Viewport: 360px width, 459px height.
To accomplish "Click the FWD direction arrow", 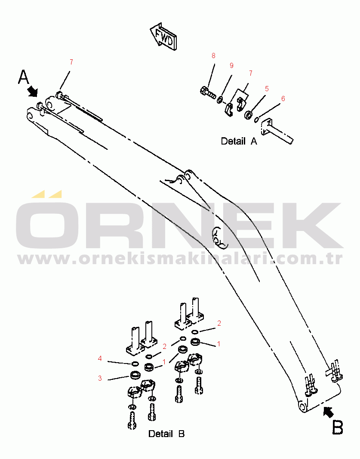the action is (x=163, y=37).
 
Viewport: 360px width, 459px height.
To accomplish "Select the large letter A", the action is (x=24, y=77).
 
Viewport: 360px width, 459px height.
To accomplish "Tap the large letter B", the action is (x=338, y=427).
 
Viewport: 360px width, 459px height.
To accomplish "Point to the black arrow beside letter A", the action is (x=33, y=91).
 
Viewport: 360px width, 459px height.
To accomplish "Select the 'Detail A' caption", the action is (x=239, y=141).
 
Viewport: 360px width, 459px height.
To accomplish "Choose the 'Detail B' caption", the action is (x=166, y=434).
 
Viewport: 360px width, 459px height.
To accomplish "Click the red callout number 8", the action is (x=213, y=55).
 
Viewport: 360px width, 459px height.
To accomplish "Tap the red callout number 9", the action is (x=231, y=65).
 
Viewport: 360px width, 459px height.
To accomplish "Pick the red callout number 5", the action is (x=267, y=89).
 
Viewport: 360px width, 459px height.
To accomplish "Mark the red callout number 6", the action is (x=283, y=99).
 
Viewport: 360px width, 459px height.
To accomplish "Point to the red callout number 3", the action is (x=100, y=378).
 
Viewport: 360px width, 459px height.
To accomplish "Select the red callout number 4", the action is (x=100, y=358).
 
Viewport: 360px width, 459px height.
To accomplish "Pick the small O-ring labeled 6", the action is (x=256, y=120).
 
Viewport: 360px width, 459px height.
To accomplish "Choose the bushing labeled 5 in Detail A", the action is (x=249, y=114).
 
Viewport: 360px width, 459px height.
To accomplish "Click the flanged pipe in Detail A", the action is (x=277, y=131).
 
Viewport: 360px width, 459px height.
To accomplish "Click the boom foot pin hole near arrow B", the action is (x=302, y=406).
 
